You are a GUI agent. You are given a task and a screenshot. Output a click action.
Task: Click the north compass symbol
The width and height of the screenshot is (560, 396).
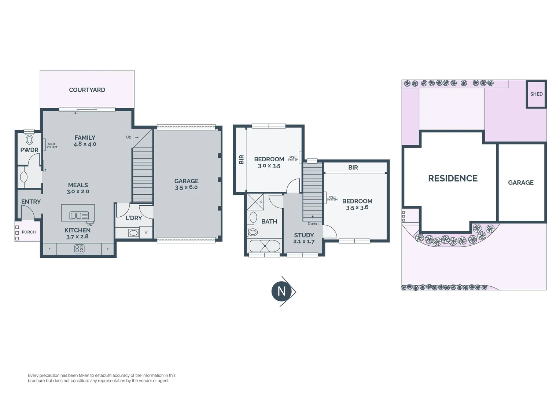[281, 291]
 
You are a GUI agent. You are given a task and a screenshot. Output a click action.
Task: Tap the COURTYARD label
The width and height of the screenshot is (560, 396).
[87, 90]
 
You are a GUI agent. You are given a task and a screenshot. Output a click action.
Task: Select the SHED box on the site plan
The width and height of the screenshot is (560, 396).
[536, 94]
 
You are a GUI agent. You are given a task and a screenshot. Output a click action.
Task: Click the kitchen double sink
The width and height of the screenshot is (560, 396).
[76, 216]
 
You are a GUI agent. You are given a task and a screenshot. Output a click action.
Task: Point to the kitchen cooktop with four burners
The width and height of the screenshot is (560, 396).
[80, 249]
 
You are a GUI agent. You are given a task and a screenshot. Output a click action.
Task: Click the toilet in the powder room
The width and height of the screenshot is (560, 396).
[29, 140]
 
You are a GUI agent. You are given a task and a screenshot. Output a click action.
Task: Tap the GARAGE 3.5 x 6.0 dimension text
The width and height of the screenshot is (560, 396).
[186, 187]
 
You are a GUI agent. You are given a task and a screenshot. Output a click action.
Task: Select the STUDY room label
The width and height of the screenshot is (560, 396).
[304, 235]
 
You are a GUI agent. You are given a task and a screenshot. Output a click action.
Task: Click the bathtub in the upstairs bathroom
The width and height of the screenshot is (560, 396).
[265, 246]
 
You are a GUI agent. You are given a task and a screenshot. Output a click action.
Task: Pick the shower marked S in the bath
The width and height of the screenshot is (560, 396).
[255, 202]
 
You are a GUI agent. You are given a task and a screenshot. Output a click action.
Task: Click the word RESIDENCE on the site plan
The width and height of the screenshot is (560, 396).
[453, 179]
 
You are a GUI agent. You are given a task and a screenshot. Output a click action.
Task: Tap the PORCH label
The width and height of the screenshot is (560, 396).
[29, 232]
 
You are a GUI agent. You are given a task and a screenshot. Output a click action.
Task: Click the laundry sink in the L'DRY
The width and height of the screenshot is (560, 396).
[133, 232]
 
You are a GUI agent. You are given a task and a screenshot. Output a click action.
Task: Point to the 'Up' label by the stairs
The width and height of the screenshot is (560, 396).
[129, 137]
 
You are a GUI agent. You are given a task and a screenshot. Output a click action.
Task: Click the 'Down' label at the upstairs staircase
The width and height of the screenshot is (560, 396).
[313, 224]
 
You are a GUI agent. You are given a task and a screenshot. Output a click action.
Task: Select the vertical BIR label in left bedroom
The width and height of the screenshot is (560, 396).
[242, 159]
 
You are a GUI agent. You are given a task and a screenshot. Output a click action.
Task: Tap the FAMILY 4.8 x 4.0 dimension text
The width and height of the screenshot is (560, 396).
[85, 144]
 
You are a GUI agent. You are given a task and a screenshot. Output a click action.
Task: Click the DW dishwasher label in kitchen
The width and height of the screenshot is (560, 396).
[90, 225]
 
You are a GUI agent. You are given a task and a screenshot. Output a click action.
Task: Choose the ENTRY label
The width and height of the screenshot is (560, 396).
[31, 202]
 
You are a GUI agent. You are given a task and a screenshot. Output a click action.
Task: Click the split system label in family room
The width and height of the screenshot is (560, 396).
[52, 146]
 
